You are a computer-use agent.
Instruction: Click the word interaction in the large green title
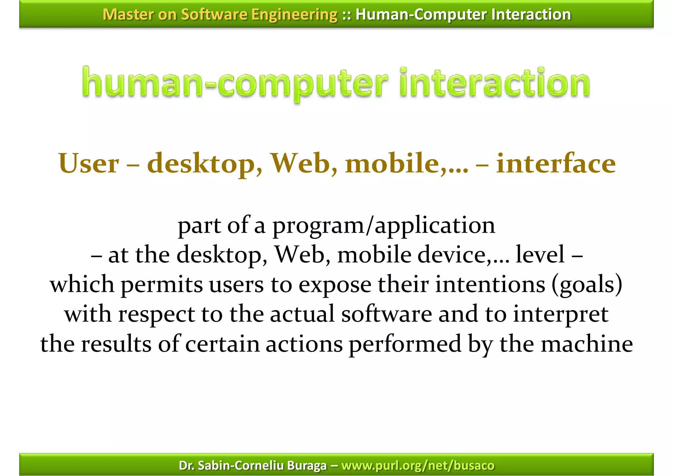tap(495, 83)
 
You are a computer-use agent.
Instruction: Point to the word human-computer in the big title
tap(234, 83)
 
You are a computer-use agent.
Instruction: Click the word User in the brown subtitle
tap(89, 163)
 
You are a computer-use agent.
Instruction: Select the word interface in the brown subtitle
tap(556, 163)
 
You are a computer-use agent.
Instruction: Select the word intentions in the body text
tap(490, 285)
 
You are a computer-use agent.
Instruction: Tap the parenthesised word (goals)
tap(587, 285)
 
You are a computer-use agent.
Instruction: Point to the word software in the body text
tap(386, 314)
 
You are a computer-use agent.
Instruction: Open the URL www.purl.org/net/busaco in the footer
tap(418, 465)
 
